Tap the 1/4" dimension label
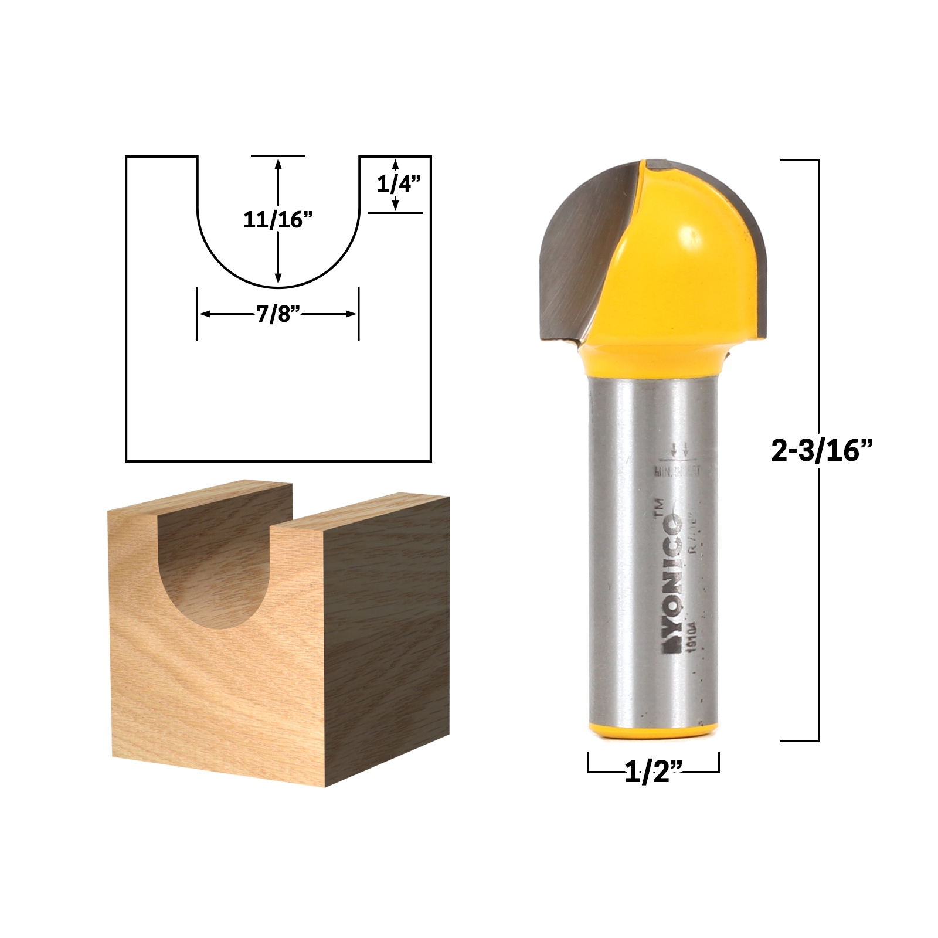pyautogui.click(x=398, y=184)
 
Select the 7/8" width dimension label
pyautogui.click(x=278, y=314)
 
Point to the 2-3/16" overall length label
pyautogui.click(x=822, y=451)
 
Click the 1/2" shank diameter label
pyautogui.click(x=653, y=773)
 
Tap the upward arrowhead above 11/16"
pyautogui.click(x=278, y=164)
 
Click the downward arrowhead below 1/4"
pyautogui.click(x=396, y=205)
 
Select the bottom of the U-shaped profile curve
pyautogui.click(x=278, y=288)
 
